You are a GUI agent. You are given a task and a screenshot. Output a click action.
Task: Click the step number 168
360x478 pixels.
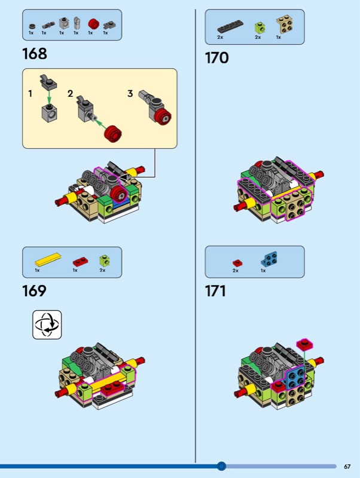pyautogui.click(x=35, y=54)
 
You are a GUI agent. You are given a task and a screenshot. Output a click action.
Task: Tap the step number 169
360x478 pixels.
pyautogui.click(x=34, y=291)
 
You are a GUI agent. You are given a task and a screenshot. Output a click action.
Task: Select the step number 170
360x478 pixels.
pyautogui.click(x=216, y=58)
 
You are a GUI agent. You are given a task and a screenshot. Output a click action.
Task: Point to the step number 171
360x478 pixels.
pyautogui.click(x=215, y=291)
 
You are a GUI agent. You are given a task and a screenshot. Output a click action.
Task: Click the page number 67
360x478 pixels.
pyautogui.click(x=347, y=467)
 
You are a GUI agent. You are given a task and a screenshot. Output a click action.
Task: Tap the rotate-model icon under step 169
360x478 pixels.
pyautogui.click(x=47, y=324)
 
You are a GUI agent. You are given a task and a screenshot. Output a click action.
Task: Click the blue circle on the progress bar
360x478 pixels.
pyautogui.click(x=221, y=466)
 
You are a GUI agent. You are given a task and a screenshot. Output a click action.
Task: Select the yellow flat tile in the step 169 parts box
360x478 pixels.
pyautogui.click(x=48, y=259)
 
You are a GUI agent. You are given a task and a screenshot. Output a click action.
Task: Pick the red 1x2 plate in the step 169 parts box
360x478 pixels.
pyautogui.click(x=81, y=262)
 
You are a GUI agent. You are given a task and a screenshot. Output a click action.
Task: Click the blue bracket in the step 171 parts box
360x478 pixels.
pyautogui.click(x=269, y=259)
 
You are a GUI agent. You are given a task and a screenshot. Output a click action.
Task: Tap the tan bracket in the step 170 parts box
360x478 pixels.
pyautogui.click(x=285, y=24)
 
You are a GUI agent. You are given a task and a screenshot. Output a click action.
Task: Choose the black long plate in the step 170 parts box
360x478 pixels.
pyautogui.click(x=230, y=26)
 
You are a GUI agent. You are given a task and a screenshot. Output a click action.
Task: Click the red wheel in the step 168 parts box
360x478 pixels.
pyautogui.click(x=94, y=24)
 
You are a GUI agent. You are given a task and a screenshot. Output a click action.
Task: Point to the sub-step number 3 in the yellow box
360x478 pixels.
pyautogui.click(x=130, y=94)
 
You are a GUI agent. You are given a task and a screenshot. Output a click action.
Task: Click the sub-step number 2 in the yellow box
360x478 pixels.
pyautogui.click(x=71, y=94)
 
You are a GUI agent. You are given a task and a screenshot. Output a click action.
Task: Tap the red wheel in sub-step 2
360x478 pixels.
pyautogui.click(x=113, y=134)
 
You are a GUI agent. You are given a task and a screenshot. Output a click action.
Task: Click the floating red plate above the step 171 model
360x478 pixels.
pyautogui.click(x=305, y=344)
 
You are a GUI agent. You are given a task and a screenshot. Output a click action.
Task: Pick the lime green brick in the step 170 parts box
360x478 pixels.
pyautogui.click(x=260, y=28)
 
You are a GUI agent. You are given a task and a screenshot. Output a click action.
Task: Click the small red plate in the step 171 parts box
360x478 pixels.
pyautogui.click(x=237, y=263)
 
